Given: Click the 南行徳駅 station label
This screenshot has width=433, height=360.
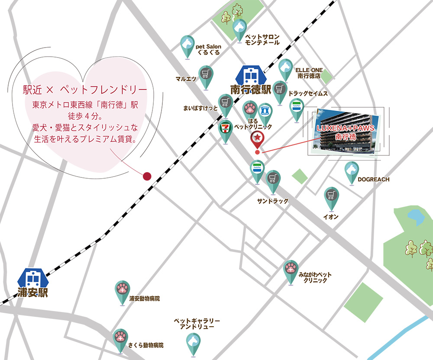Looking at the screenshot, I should pos(250,90).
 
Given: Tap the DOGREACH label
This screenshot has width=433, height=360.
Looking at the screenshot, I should pos(374,179).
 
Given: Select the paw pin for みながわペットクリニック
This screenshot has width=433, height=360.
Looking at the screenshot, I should pos(291,270).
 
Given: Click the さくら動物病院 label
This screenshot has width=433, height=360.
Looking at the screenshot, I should pos(146,345).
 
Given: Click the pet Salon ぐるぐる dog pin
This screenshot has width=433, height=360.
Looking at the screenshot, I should pos(187,45).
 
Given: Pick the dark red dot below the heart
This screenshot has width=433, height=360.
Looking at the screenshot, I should pos(147,176).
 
